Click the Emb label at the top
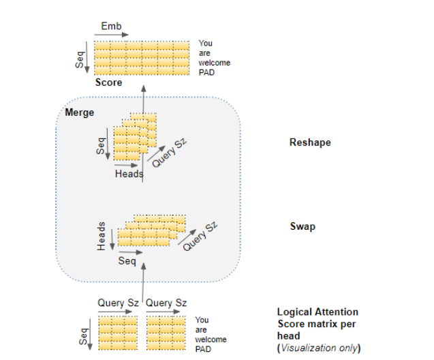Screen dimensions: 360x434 111,27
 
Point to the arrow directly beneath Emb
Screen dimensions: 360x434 110,36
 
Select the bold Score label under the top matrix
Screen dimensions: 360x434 108,82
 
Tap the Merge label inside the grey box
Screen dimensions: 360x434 79,112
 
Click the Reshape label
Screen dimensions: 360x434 310,143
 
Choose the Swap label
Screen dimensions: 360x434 303,226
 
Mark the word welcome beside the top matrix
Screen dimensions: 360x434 214,63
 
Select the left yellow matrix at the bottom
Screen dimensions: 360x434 117,333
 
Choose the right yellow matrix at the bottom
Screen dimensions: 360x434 165,333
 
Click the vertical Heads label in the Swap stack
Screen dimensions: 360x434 102,235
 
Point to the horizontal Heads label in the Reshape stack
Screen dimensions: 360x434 129,174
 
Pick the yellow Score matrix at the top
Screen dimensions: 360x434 141,59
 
